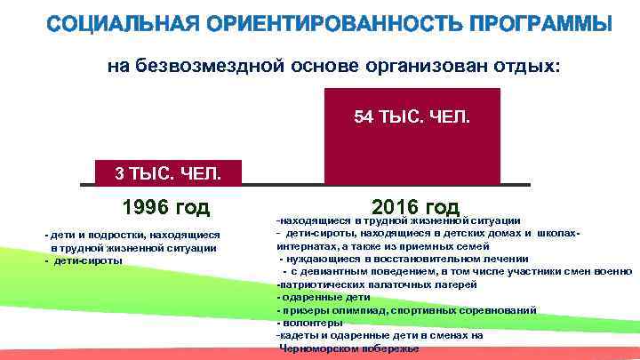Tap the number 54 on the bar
pos(363,117)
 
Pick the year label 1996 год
pos(166,208)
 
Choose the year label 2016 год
pos(416,206)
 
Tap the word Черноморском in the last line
pos(317,349)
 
